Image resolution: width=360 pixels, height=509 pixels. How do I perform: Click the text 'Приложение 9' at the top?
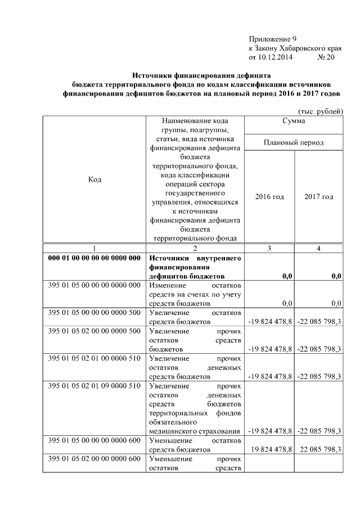point(272,39)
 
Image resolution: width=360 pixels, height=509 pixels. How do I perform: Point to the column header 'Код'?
point(95,179)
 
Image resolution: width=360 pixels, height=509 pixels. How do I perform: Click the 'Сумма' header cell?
point(294,121)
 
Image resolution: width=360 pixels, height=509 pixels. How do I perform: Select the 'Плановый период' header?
point(294,143)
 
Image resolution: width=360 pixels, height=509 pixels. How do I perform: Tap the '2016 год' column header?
point(269,197)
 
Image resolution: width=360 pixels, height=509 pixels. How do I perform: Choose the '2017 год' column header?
point(318,197)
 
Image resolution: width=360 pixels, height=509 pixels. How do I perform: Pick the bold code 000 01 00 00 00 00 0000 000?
point(94,258)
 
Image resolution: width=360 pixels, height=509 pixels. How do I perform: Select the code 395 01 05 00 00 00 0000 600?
point(94,440)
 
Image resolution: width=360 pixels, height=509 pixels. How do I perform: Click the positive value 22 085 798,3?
point(319,449)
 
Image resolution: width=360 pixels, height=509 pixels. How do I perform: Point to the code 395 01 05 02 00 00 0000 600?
point(94,459)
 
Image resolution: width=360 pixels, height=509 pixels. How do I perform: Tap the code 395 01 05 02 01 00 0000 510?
point(94,358)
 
